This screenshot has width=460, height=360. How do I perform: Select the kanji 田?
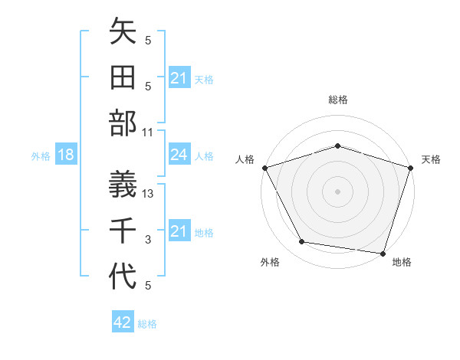[x=123, y=78]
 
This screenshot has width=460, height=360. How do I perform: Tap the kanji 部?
[x=123, y=124]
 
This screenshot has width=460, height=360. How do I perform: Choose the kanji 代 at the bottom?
[x=123, y=277]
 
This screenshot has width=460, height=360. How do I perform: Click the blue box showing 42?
[x=123, y=322]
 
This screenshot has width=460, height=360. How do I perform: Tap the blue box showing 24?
[x=179, y=155]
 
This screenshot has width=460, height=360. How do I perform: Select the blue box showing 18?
[x=66, y=155]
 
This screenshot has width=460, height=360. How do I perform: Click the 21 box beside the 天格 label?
[x=179, y=78]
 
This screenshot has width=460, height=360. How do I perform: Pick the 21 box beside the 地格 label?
[x=179, y=231]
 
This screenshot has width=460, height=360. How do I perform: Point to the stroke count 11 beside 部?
[x=148, y=133]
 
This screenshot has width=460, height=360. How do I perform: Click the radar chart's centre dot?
[x=337, y=191]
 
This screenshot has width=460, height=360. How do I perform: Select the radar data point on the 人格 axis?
[x=264, y=168]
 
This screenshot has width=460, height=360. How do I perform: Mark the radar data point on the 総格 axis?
[x=337, y=146]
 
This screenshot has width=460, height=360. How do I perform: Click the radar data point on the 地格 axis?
[x=383, y=253]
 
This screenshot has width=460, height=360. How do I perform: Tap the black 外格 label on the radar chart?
[x=270, y=263]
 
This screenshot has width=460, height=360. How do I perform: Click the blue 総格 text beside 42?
[x=147, y=324]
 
